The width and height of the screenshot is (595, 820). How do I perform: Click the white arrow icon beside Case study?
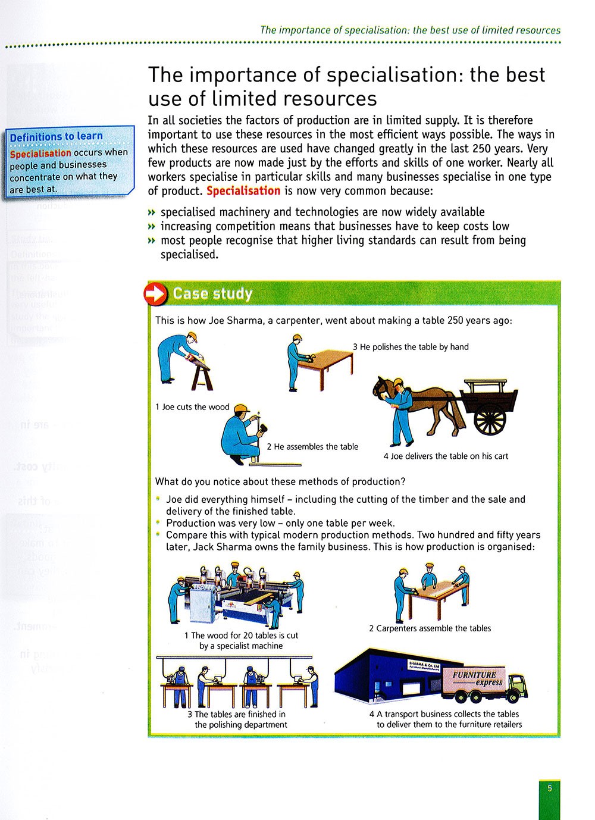coord(156,294)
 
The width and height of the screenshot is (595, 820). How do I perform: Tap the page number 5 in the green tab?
coord(550,787)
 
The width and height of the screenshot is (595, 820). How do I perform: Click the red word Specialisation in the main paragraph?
coord(243,191)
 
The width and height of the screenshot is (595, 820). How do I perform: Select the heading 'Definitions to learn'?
coord(57,137)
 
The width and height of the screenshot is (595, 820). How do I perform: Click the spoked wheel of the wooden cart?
coord(490,419)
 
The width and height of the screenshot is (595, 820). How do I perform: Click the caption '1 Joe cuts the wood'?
coord(192,407)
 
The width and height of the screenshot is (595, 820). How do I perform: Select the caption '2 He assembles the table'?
coord(312,447)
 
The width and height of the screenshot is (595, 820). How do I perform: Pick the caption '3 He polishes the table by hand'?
coord(411,347)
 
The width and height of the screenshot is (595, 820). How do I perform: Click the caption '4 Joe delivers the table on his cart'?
coord(446,456)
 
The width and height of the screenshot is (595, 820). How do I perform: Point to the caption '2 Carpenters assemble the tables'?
coord(430,628)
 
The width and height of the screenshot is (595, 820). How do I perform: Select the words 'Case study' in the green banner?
coord(212,294)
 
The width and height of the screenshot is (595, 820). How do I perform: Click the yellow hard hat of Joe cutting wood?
coord(192,337)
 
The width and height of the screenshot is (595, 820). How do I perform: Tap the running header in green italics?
coord(410,30)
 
